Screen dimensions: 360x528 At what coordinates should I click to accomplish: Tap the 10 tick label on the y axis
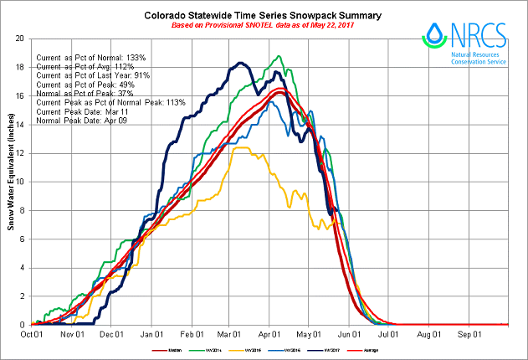(22, 182)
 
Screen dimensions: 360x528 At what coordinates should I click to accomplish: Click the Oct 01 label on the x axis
(32, 333)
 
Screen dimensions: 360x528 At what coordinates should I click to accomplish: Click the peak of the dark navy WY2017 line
(241, 63)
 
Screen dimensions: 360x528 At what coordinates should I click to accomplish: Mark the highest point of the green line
(278, 56)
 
